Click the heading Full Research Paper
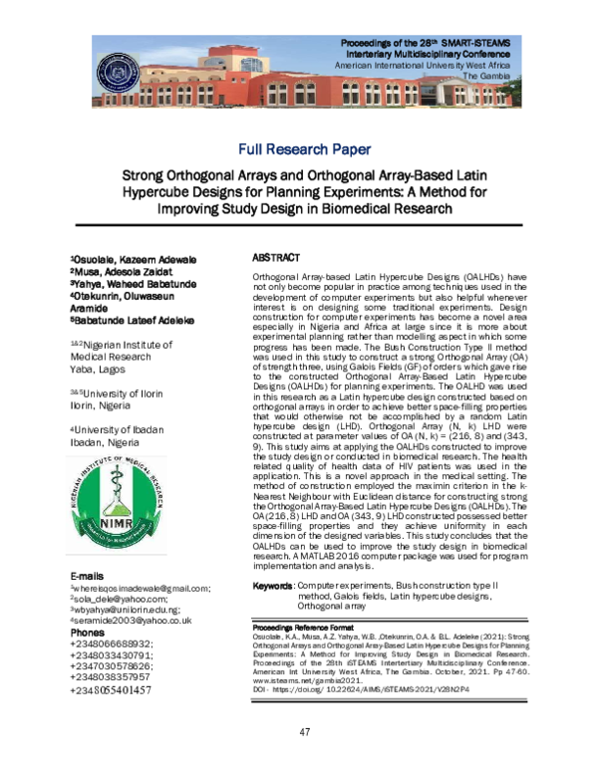[304, 149]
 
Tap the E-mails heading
[89, 577]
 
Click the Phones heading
[87, 633]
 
